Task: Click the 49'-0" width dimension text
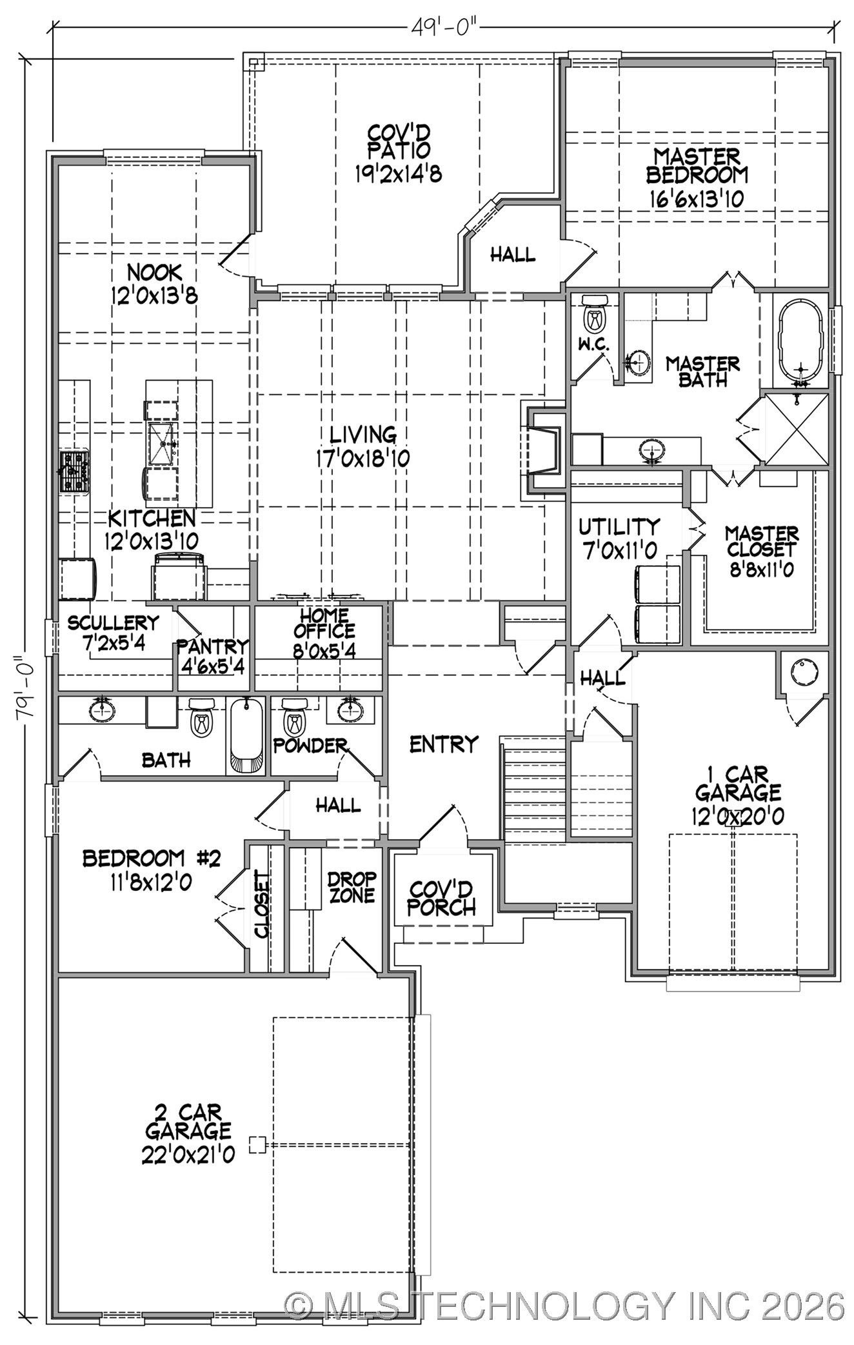(445, 28)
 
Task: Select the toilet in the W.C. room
(594, 316)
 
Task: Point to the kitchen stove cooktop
(74, 472)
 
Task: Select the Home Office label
(324, 624)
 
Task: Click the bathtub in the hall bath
(246, 735)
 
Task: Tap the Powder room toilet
(294, 719)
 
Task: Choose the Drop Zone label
(352, 887)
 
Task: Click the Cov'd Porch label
(442, 899)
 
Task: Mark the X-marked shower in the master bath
(797, 428)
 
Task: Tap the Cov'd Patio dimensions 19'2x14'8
(398, 174)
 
